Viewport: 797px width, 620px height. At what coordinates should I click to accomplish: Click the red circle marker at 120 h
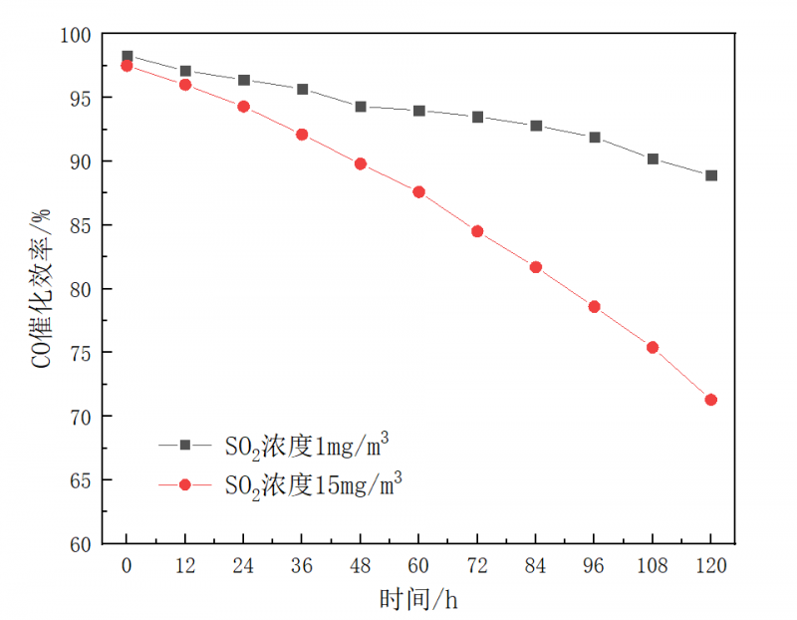(x=710, y=400)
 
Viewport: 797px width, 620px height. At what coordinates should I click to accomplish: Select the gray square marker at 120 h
(x=710, y=175)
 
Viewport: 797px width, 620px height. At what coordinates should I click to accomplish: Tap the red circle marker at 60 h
(x=418, y=191)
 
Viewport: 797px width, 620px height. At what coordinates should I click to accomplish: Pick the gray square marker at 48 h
(x=361, y=107)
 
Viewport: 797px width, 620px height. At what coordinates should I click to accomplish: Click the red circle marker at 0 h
(x=127, y=66)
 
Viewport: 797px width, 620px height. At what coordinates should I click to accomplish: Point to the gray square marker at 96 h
(x=595, y=138)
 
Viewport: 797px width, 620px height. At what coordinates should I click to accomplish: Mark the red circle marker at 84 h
(x=536, y=267)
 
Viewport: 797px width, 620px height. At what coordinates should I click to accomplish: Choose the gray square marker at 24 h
(x=244, y=80)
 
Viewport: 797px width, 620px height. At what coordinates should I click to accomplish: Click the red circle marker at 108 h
(x=653, y=348)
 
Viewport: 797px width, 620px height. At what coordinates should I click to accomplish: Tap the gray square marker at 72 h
(x=477, y=118)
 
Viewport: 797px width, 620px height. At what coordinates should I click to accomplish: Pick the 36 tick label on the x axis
(x=302, y=565)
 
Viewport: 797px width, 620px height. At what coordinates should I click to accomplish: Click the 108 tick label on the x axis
(x=653, y=565)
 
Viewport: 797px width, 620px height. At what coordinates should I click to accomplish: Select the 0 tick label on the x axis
(x=127, y=565)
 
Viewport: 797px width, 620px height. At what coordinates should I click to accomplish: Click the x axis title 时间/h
(x=417, y=599)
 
